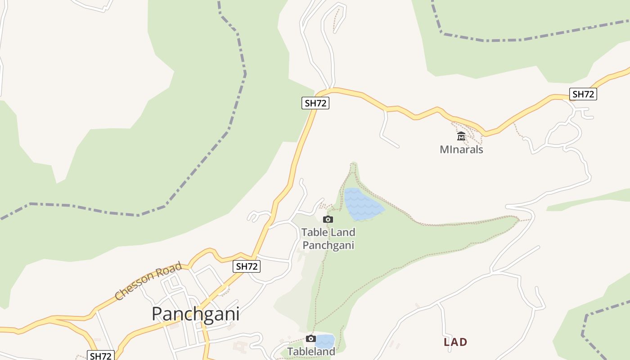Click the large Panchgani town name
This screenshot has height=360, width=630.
point(195,314)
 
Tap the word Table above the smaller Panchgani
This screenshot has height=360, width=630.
point(315,233)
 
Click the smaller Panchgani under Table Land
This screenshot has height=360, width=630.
point(328,245)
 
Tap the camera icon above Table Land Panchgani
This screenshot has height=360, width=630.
point(328,219)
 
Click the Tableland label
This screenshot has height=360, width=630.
point(311,351)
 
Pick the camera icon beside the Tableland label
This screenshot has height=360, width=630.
point(310,338)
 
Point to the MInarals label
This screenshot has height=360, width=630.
point(461,149)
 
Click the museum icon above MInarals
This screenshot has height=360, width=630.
point(461,136)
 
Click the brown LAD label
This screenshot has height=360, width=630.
point(455,342)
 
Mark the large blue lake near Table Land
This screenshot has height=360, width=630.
point(362,205)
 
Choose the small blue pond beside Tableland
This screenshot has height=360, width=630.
point(325,340)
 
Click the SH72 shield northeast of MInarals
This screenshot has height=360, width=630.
point(583,94)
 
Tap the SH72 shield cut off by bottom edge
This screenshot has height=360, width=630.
point(100,355)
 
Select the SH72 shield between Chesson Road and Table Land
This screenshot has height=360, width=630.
point(247,266)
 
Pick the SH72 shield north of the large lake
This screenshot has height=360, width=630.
point(315,103)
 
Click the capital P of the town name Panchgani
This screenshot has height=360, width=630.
point(157,314)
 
